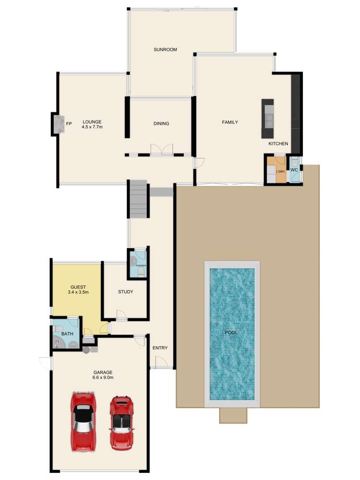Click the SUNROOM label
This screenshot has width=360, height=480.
(166, 49)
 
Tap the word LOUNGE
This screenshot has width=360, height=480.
(92, 121)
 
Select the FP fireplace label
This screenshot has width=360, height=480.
(69, 124)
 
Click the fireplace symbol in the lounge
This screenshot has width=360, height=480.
(59, 124)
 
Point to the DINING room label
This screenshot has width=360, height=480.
(161, 124)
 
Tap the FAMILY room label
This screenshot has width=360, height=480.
(230, 122)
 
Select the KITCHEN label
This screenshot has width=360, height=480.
(278, 144)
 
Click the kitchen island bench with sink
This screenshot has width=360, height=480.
(267, 119)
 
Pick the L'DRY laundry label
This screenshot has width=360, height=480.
(280, 171)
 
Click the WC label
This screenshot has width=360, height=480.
(294, 170)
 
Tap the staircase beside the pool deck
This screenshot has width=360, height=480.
(138, 198)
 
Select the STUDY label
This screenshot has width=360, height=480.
(126, 292)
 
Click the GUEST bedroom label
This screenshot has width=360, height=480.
(78, 287)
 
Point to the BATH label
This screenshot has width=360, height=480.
(67, 334)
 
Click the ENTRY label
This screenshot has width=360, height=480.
(160, 348)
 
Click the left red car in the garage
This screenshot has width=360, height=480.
(84, 421)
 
